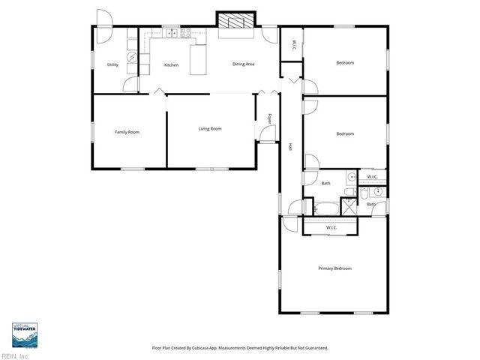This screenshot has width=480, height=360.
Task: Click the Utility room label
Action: [x=112, y=65]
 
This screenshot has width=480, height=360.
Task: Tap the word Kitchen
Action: [x=171, y=65]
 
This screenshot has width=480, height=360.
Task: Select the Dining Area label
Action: [x=244, y=64]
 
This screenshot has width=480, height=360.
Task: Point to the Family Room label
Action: [x=127, y=132]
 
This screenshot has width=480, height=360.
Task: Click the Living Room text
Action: [x=210, y=129]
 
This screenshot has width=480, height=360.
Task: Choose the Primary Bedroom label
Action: [x=334, y=268]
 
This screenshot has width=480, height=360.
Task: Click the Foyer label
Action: [x=270, y=118]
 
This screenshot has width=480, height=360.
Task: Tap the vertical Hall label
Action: [x=289, y=147]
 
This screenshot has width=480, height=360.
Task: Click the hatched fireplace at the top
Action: [x=236, y=23]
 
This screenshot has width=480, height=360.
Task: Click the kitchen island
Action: [x=198, y=60]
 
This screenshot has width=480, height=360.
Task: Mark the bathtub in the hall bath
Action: [x=326, y=208]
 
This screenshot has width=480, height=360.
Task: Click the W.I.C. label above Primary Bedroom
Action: [x=331, y=228]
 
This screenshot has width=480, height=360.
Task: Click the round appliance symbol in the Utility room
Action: [x=132, y=57]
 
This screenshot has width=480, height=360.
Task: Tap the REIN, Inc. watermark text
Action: [x=15, y=355]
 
